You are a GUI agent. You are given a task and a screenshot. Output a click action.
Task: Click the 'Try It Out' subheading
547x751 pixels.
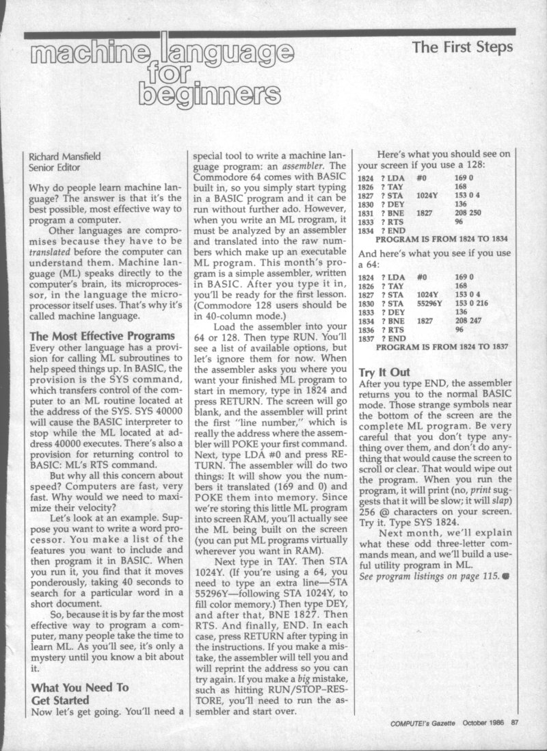point(384,372)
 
